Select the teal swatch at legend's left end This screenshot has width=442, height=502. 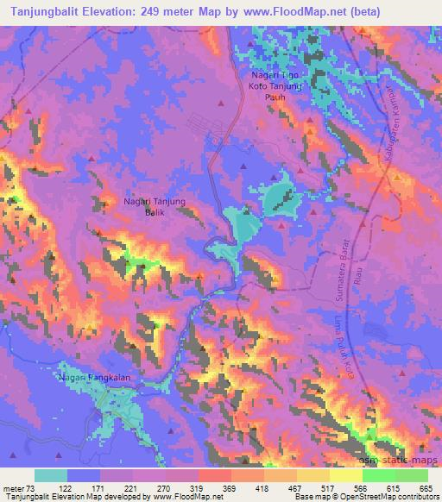coord(51,476)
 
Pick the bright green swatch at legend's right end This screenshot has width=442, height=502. coord(412,476)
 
